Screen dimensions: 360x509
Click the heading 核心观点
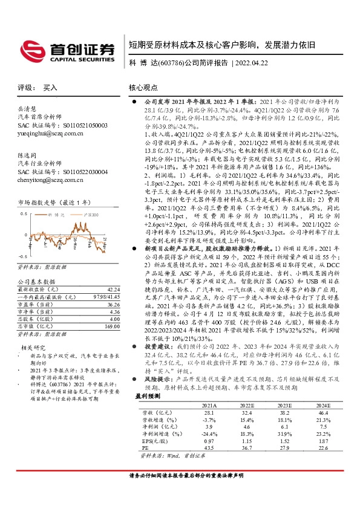pyautogui.click(x=143, y=88)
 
